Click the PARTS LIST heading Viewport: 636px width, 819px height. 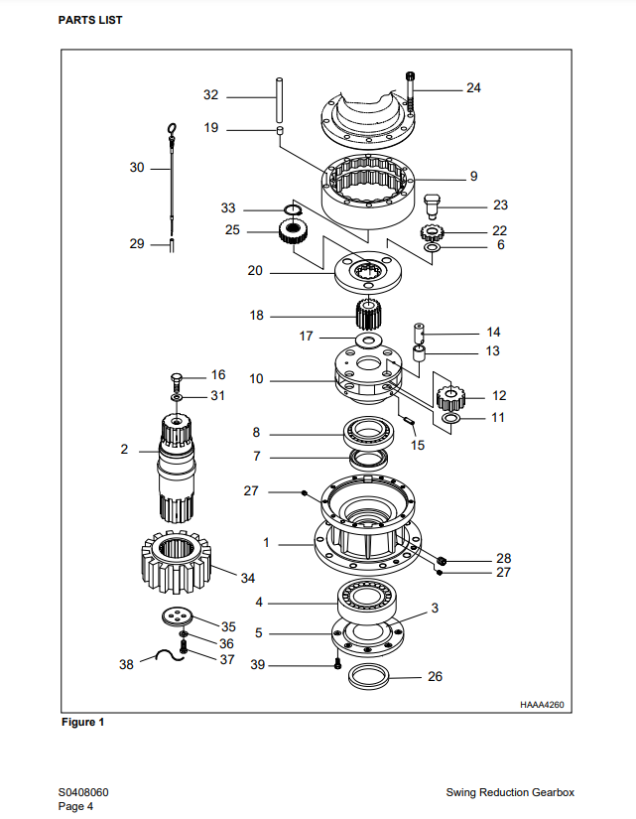[x=90, y=21]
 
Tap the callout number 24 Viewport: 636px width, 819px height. [x=473, y=87]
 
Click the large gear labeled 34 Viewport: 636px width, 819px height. [x=176, y=562]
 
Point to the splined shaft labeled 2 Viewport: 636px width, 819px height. [x=177, y=468]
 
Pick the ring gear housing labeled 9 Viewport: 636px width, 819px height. [x=368, y=192]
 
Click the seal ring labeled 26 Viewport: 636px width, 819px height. [x=369, y=676]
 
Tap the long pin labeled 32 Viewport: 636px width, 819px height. [x=280, y=100]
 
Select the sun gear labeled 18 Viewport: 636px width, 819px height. [x=369, y=315]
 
